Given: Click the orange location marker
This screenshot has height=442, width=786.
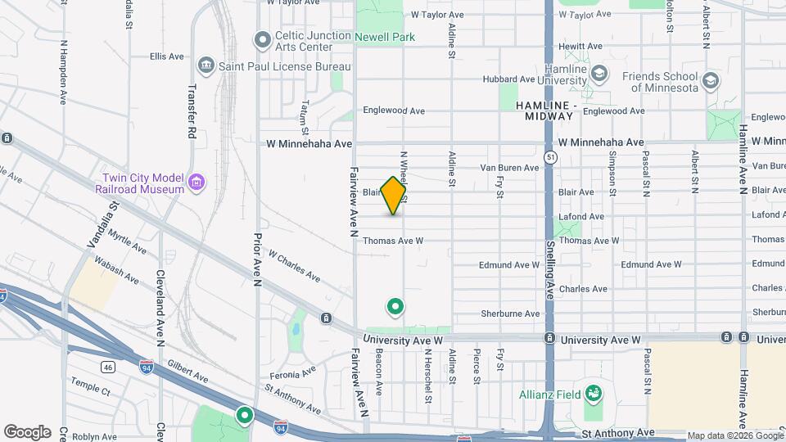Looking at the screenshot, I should pyautogui.click(x=394, y=196).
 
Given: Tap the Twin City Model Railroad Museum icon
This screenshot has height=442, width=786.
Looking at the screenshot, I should pyautogui.click(x=196, y=183).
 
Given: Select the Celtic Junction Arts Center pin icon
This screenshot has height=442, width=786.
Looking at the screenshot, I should pyautogui.click(x=263, y=39).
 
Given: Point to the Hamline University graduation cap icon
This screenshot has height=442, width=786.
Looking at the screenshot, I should pyautogui.click(x=600, y=74).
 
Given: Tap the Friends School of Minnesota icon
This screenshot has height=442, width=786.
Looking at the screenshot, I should pyautogui.click(x=710, y=80).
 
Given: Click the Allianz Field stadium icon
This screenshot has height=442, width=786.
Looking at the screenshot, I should pyautogui.click(x=593, y=395).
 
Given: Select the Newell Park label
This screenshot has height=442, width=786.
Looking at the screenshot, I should pyautogui.click(x=385, y=37).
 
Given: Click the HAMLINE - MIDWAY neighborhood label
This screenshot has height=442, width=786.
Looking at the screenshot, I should pyautogui.click(x=545, y=110).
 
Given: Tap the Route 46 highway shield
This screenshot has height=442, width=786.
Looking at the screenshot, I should pyautogui.click(x=107, y=368).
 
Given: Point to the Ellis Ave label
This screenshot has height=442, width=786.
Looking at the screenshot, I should pyautogui.click(x=167, y=56).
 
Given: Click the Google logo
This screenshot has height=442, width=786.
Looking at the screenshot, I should pyautogui.click(x=27, y=432).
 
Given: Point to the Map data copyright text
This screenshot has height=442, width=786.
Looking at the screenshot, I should pyautogui.click(x=735, y=435).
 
